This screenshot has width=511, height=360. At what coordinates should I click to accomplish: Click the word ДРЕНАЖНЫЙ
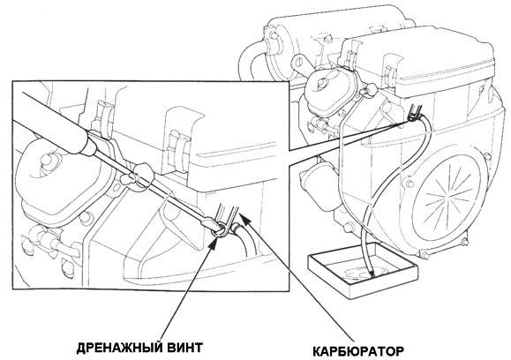119,348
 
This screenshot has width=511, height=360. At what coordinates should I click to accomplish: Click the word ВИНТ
184,348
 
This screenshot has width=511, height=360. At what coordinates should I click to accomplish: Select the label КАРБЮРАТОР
358,351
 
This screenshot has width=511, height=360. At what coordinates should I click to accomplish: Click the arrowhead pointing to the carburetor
245,220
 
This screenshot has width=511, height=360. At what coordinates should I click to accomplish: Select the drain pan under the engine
363,270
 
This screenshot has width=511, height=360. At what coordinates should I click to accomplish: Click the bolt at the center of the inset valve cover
47,160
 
